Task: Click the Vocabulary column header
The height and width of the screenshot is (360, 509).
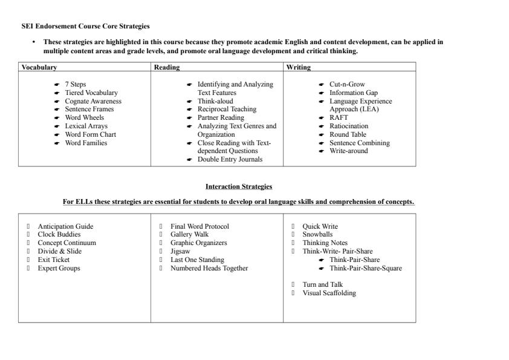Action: pos(39,67)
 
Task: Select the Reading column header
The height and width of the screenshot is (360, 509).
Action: pos(167,67)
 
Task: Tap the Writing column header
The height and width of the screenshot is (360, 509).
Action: pos(299,67)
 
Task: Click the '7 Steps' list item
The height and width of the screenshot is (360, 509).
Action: pos(76,84)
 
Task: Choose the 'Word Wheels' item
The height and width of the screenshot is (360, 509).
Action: pos(85,117)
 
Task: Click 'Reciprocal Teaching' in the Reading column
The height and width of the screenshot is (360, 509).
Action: pos(227,109)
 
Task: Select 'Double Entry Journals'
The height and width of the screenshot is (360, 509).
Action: pos(230,159)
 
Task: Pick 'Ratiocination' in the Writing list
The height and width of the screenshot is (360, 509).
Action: pos(349,126)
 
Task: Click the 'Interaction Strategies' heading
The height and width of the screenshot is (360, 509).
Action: pos(239,186)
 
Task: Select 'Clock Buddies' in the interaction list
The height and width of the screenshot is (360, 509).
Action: pos(59,234)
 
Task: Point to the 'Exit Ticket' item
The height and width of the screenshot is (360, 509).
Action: pos(54,260)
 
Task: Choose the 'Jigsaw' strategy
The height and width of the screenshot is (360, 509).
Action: pos(180,251)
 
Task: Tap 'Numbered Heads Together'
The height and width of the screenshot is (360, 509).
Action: pos(209,268)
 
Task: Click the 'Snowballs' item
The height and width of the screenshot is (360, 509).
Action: pos(317,234)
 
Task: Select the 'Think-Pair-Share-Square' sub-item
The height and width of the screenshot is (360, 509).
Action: pos(366,268)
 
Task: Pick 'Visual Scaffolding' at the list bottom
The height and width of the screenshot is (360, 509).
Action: pos(329,293)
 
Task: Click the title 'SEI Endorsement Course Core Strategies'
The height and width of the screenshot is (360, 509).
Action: pos(85,26)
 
